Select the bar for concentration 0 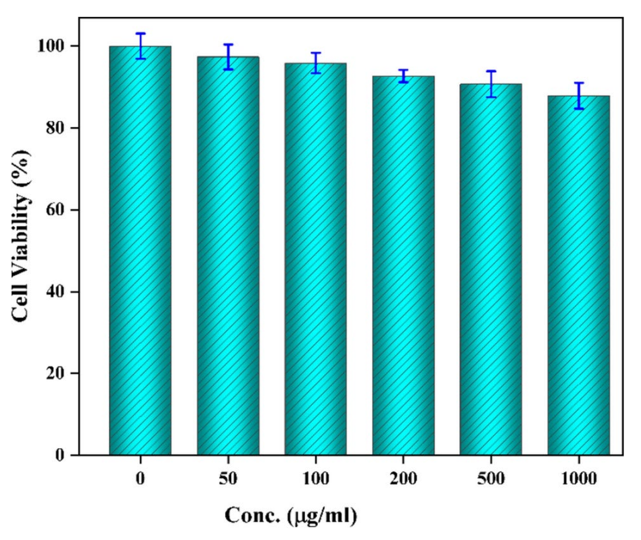point(140,252)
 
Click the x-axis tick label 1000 point(579,479)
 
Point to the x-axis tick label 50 point(228,479)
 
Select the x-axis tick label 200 point(403,479)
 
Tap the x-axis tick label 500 point(491,479)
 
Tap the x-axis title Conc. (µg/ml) point(290,516)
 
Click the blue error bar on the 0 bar point(140,46)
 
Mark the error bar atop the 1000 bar point(579,95)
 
